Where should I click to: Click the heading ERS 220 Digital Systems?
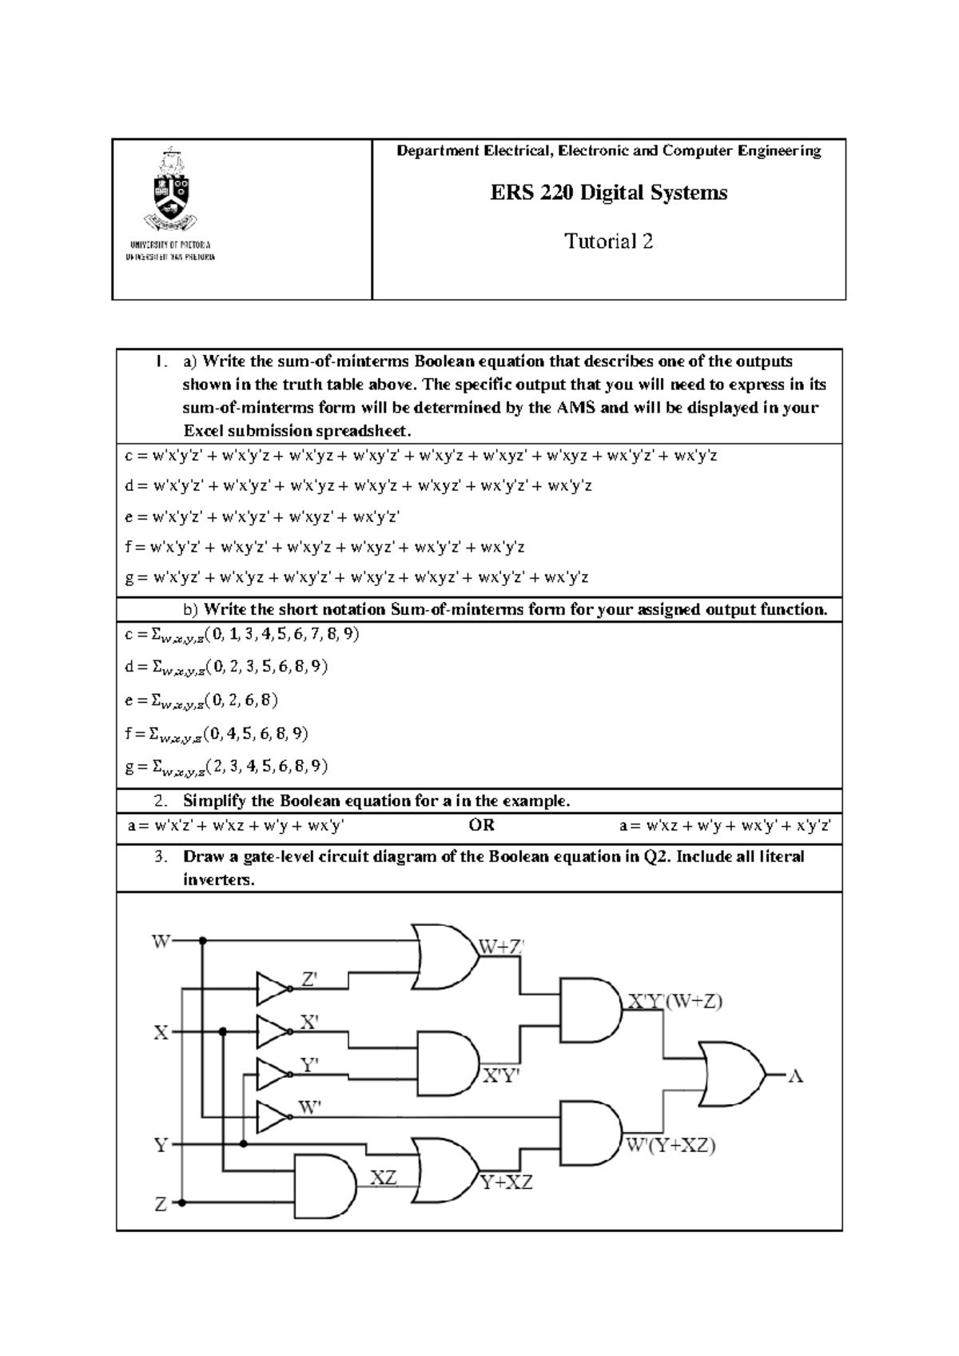608,193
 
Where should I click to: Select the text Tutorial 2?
608,241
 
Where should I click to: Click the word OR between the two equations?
482,825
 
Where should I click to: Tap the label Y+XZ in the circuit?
506,1183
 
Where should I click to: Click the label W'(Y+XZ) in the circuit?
670,1146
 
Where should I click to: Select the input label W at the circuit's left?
161,942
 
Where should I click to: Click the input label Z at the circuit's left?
161,1203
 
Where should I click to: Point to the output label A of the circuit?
795,1076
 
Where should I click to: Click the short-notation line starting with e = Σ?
201,700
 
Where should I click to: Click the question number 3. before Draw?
161,856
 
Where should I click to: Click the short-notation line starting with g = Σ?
227,767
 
